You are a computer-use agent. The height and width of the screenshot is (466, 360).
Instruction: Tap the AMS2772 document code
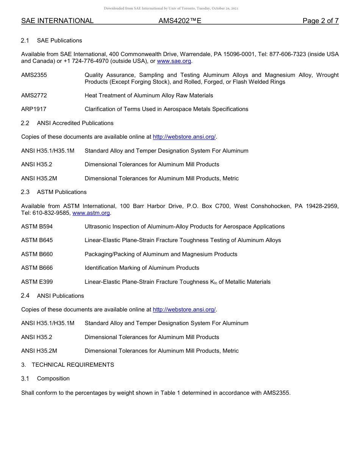click(x=34, y=95)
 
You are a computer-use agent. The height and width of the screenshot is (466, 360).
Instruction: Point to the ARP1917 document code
click(x=34, y=109)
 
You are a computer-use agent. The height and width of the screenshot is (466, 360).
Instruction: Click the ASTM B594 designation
click(x=37, y=227)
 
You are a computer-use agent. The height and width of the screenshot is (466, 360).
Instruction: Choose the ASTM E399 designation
click(x=37, y=282)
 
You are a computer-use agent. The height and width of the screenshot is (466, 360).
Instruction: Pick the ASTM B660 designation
click(x=37, y=254)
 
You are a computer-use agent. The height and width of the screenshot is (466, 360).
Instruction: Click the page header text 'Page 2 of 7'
click(x=320, y=21)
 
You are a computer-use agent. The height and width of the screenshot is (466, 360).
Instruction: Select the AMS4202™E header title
click(x=180, y=21)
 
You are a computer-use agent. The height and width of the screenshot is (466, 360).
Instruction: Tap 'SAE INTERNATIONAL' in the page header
click(x=57, y=21)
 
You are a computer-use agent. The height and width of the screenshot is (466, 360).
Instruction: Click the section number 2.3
click(x=25, y=192)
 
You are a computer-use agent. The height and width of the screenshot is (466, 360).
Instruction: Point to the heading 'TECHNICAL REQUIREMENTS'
click(x=73, y=365)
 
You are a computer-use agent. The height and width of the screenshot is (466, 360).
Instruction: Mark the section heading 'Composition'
click(x=53, y=378)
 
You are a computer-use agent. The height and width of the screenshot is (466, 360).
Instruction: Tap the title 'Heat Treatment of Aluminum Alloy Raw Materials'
click(x=149, y=95)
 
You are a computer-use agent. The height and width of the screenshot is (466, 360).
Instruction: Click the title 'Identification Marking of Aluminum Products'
click(x=142, y=268)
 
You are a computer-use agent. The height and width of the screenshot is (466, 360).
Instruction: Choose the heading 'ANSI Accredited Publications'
click(x=75, y=123)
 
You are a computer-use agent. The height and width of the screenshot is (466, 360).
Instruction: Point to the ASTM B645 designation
click(x=37, y=240)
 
